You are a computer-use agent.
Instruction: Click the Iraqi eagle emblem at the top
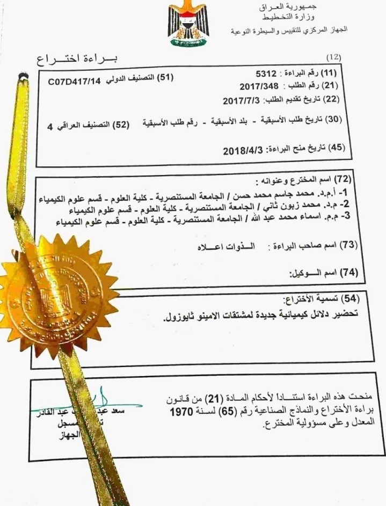point(187,25)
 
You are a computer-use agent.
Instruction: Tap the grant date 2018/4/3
point(241,151)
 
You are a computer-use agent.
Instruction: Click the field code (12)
point(334,56)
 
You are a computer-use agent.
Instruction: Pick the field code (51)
point(164,78)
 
